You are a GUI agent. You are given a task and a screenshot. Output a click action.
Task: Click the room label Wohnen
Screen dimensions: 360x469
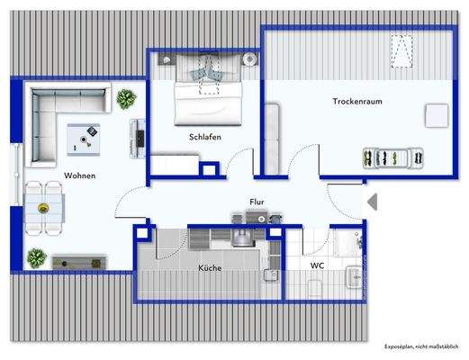tap(79, 175)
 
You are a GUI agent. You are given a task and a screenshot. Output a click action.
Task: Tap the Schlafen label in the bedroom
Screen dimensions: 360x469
tap(205, 137)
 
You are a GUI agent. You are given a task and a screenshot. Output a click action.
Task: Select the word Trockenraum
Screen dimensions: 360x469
tap(356, 102)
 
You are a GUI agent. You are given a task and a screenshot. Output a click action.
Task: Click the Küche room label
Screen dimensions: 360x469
tap(210, 268)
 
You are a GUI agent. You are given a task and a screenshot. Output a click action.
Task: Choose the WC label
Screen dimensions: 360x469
tap(317, 266)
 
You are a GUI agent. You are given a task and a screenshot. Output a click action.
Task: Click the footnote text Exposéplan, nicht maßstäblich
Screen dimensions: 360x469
tap(421, 346)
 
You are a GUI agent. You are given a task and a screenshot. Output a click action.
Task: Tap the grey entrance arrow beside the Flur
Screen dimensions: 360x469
tap(371, 203)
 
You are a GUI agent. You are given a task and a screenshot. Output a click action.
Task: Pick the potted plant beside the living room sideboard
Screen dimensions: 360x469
tap(36, 258)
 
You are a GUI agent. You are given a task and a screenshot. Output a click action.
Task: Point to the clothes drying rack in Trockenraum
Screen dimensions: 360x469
tap(392, 157)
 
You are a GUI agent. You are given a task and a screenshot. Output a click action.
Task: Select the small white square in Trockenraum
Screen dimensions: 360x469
tap(437, 115)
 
